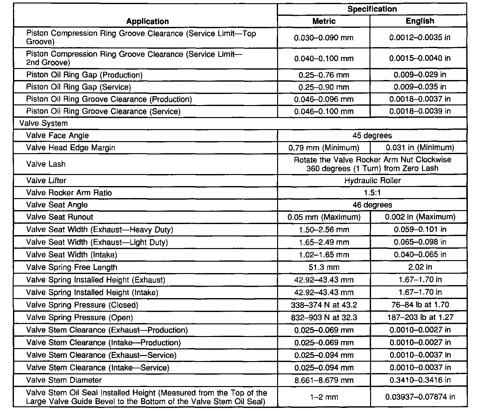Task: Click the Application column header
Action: coord(147,21)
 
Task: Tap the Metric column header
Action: coord(324,21)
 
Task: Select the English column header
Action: coord(420,21)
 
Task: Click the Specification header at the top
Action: coord(372,9)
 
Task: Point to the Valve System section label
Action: coord(43,123)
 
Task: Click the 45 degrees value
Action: coord(372,135)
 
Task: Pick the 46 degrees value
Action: coord(372,205)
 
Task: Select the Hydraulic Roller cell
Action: coord(372,180)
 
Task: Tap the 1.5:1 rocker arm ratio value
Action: coord(372,193)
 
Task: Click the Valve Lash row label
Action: coord(46,164)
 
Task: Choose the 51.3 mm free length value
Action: coord(324,267)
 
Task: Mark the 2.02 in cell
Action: coord(420,267)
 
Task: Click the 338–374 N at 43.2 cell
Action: coord(324,305)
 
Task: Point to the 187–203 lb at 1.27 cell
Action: coord(420,317)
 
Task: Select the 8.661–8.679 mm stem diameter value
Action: coord(324,380)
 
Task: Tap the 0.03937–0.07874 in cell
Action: coord(420,397)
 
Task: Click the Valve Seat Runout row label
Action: coord(59,217)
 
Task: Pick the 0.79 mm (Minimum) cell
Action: coord(324,148)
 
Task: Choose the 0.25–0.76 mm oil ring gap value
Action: coord(324,75)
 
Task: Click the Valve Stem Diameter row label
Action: coord(64,380)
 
